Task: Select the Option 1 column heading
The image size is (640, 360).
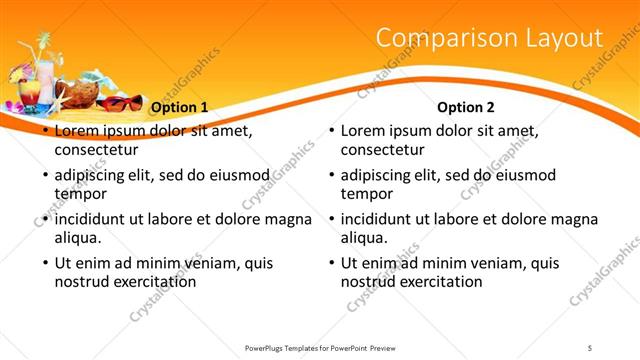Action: (x=180, y=107)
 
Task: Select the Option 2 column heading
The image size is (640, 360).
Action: (x=466, y=107)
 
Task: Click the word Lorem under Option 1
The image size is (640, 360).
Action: (x=76, y=131)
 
